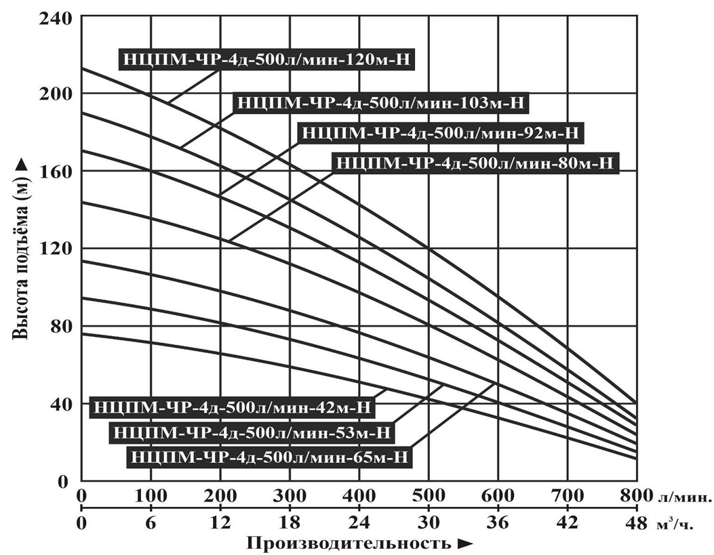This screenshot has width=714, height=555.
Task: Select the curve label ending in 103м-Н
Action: tap(380, 102)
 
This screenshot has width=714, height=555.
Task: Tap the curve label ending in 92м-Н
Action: tap(441, 133)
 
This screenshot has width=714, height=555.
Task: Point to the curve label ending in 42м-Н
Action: tap(233, 407)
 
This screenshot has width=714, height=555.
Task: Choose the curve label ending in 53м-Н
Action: tap(252, 432)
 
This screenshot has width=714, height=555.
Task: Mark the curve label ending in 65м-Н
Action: tap(271, 456)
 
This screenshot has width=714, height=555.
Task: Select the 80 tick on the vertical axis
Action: tap(62, 326)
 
